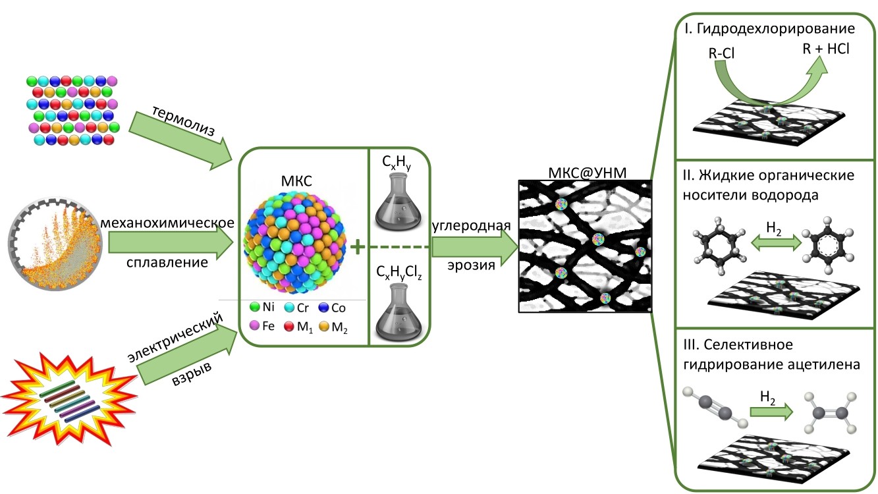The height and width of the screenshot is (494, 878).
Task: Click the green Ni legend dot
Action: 254,307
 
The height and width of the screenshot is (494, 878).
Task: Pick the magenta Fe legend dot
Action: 254,325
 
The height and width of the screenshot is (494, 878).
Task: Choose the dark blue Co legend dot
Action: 323,307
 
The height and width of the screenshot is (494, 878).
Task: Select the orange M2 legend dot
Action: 323,325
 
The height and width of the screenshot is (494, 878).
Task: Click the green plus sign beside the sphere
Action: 358,247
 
